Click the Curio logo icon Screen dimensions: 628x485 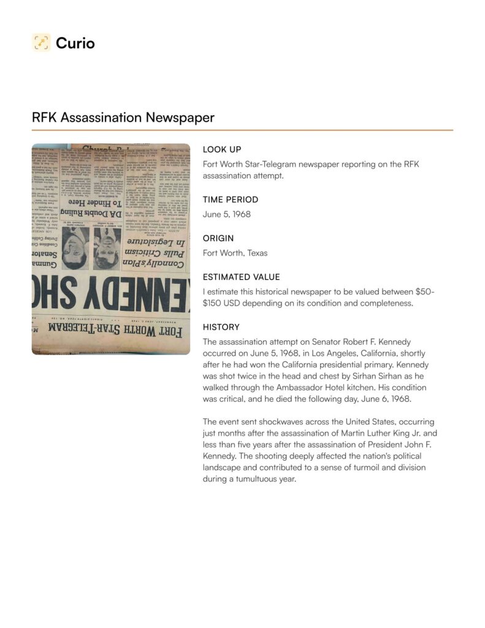click(x=41, y=42)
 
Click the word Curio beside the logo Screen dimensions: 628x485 click(x=75, y=43)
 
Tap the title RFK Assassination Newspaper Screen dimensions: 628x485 click(x=123, y=117)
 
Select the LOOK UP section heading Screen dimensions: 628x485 click(x=222, y=150)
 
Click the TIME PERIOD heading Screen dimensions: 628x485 click(x=231, y=199)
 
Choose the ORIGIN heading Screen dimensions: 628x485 click(x=218, y=238)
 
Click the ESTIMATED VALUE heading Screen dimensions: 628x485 click(x=241, y=277)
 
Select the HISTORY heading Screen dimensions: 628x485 click(x=221, y=327)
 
